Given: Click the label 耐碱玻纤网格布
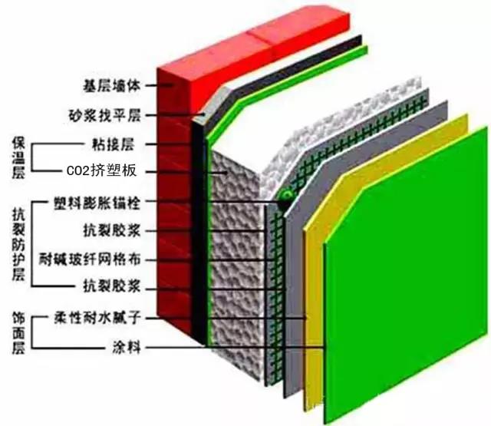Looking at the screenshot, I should pos(101,259).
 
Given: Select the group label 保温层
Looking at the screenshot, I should pos(19,157).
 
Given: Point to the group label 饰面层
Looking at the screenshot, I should pos(19,332).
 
